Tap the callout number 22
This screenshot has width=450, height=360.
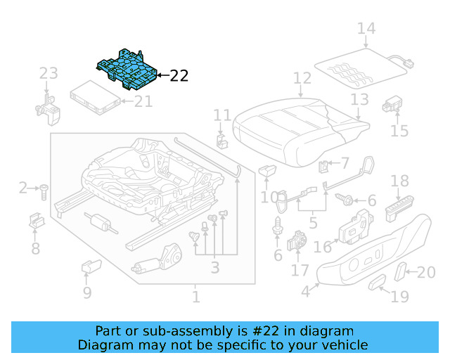tap(179, 75)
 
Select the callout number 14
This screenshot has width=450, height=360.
tap(366, 29)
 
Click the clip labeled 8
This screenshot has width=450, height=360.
tap(36, 221)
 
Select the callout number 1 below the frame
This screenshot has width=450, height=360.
tap(196, 297)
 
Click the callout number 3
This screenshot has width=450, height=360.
tap(214, 267)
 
